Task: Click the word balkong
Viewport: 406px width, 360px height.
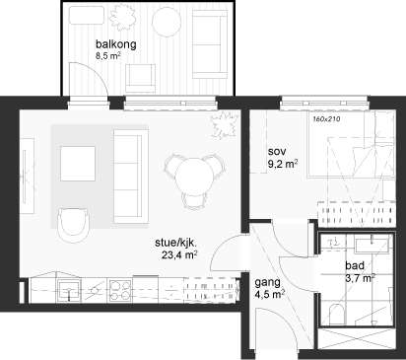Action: click(x=116, y=44)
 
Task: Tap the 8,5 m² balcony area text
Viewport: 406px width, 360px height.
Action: click(x=107, y=55)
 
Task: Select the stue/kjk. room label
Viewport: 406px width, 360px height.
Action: click(x=175, y=244)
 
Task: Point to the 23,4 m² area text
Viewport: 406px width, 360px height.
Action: click(x=179, y=254)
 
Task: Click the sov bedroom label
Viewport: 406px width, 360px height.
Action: click(x=277, y=152)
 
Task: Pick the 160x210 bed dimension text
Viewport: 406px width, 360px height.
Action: click(x=326, y=118)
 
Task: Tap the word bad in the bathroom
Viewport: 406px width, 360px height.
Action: click(x=355, y=265)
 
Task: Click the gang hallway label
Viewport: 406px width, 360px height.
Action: click(x=268, y=283)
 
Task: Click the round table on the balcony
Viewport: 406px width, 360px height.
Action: click(x=167, y=22)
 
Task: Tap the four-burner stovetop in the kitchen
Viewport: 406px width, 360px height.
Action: click(x=119, y=290)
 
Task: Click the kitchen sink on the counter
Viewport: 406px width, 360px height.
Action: click(x=69, y=291)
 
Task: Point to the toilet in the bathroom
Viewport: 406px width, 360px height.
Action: click(x=336, y=314)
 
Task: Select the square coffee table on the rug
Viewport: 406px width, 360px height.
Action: click(x=78, y=164)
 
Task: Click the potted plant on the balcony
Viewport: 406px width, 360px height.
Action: click(x=122, y=15)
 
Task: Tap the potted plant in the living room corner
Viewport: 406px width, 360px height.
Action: click(x=225, y=124)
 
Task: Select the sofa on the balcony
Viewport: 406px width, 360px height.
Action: click(x=210, y=43)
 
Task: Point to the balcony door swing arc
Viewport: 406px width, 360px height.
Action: click(x=95, y=73)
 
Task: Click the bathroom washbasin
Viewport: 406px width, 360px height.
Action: click(x=372, y=247)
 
